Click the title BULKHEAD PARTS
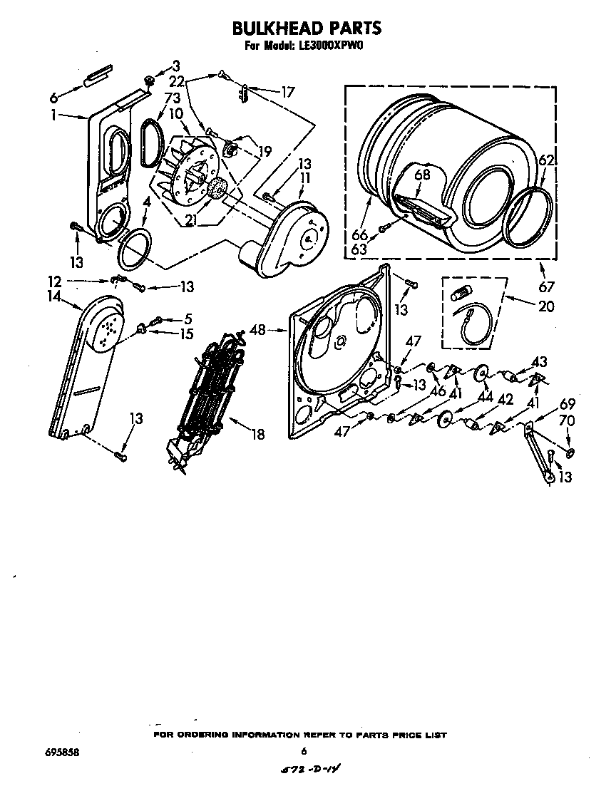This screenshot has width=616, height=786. tap(307, 28)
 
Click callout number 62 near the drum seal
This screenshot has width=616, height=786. tap(546, 162)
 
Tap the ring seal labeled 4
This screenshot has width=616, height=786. tap(135, 245)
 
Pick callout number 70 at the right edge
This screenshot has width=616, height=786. tap(567, 420)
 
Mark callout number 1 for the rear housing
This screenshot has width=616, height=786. tap(53, 115)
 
